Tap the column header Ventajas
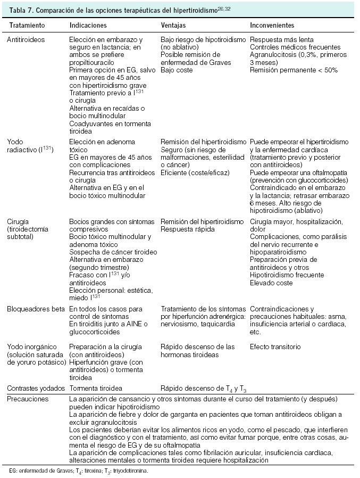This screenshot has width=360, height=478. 174,25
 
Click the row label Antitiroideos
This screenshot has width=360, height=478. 26,39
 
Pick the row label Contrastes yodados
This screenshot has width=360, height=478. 35,388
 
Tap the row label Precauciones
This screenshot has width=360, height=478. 26,398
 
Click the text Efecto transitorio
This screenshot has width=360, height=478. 275,347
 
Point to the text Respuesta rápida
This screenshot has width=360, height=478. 188,229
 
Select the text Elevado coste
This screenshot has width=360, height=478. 271,283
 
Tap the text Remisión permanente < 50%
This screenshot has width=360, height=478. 294,70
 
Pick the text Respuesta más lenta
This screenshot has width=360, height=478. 281,39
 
